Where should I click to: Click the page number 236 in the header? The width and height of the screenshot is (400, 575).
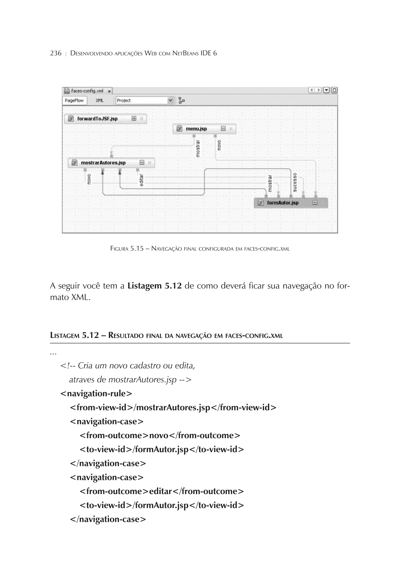click(x=56, y=53)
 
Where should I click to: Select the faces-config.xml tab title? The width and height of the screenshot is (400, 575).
click(x=87, y=91)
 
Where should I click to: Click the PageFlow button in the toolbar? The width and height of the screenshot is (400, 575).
click(x=74, y=100)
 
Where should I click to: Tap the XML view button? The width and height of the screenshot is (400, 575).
click(x=99, y=100)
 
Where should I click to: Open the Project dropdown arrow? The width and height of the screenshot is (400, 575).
click(x=170, y=100)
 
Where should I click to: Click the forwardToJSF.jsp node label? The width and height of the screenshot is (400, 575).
click(x=97, y=119)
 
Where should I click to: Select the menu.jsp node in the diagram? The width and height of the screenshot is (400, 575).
click(x=196, y=129)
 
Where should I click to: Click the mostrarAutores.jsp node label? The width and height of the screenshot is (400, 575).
click(x=103, y=163)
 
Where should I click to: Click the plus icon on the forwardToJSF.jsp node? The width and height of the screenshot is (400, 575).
click(x=134, y=118)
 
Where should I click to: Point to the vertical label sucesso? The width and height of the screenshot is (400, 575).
click(x=295, y=182)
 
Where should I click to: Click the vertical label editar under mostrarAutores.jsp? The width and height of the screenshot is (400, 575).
click(x=141, y=180)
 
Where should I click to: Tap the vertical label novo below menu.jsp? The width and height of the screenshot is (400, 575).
click(x=219, y=145)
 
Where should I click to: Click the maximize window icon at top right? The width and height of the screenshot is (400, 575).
click(x=334, y=90)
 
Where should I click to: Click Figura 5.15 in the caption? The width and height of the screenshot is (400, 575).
click(x=127, y=249)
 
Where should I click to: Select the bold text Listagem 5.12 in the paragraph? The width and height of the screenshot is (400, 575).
click(x=154, y=286)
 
